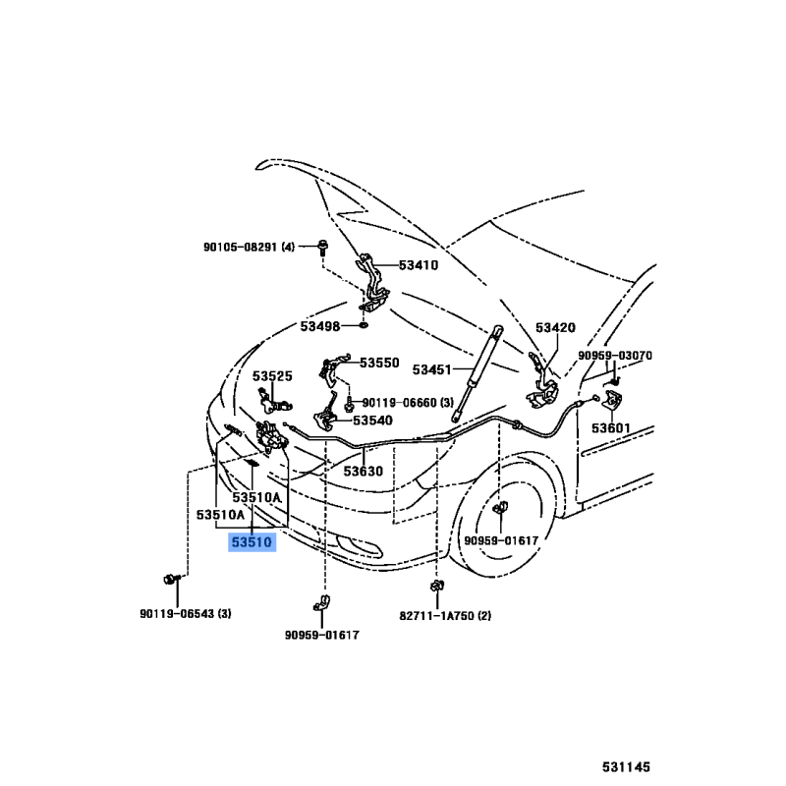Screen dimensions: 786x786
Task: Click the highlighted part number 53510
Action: (x=253, y=541)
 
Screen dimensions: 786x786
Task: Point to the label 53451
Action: (x=431, y=369)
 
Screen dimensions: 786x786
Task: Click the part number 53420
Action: (x=555, y=328)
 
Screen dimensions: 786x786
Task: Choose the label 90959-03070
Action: (x=615, y=356)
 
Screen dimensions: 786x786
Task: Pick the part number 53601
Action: (x=611, y=428)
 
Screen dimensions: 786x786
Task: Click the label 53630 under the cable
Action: (x=363, y=471)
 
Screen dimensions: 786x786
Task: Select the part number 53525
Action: (x=272, y=376)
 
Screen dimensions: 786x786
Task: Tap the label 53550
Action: (x=379, y=363)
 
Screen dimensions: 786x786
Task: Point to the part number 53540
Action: (x=372, y=420)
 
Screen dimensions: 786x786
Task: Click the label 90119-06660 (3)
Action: (x=408, y=402)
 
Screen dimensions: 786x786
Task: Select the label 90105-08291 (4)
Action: (x=247, y=247)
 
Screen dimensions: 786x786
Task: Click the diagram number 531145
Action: (x=626, y=765)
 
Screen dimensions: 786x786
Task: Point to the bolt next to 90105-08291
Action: (x=322, y=246)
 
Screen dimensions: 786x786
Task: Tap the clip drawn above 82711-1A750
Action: (x=433, y=589)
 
